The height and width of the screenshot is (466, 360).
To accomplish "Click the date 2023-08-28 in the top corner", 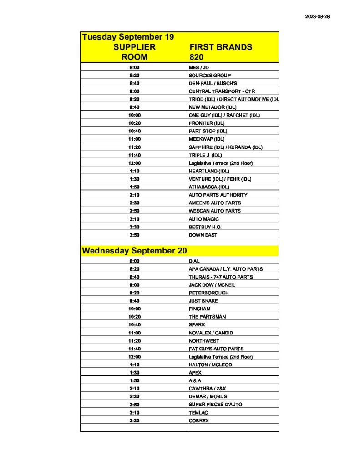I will [x=317, y=16].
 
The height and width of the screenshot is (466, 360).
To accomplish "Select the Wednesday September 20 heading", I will [x=134, y=251].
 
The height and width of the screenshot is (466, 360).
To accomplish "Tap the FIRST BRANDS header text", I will [x=220, y=47].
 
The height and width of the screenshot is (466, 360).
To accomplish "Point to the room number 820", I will [x=197, y=57].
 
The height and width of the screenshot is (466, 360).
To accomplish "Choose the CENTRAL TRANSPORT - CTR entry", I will [x=222, y=91].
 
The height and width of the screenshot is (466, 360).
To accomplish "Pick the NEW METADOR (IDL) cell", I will [x=213, y=107].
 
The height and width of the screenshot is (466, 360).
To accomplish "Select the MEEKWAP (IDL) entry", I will [x=207, y=139].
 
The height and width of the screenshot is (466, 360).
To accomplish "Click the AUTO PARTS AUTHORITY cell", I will [x=218, y=195].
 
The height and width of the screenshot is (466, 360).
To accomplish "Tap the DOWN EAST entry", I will [x=203, y=235].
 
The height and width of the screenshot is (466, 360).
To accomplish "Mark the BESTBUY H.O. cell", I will [x=205, y=227].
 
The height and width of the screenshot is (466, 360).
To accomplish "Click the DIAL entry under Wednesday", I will [x=194, y=261].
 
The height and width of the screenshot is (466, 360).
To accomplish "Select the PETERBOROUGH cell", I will [x=208, y=293].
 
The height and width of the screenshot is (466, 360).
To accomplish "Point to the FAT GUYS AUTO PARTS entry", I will [x=216, y=349].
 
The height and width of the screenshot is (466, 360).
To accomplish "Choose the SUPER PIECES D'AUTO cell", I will [x=215, y=405].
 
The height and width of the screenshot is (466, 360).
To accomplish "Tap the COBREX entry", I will [x=199, y=420].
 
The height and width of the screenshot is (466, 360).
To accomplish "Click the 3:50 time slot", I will [x=134, y=235].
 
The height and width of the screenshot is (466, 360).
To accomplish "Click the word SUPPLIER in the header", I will [x=134, y=47].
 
